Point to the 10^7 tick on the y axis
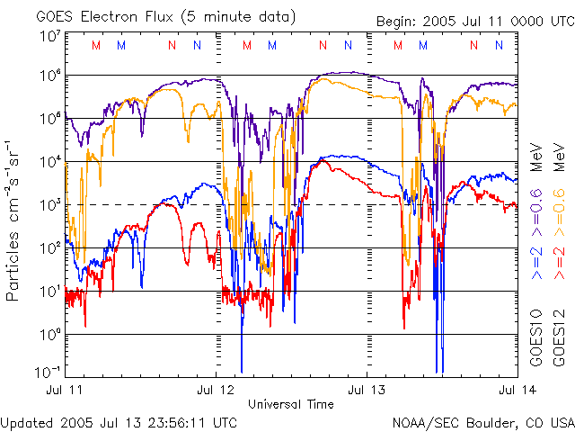(50, 36)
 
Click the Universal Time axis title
(291, 404)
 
